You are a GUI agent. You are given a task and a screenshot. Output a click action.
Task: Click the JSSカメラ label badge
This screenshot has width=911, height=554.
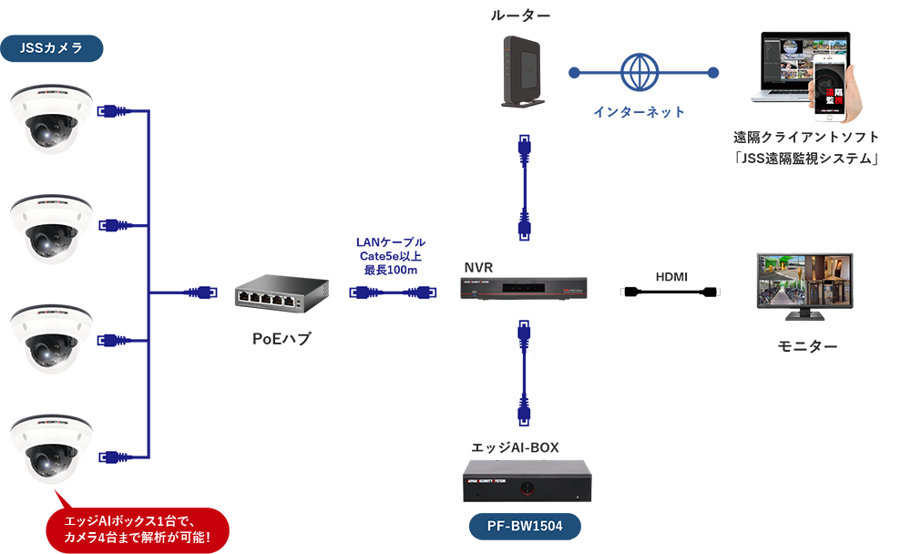point(51,48)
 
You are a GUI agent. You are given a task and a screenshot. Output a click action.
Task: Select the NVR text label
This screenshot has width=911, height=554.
point(478,268)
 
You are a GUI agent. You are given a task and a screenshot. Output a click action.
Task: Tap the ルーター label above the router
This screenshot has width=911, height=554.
point(520,15)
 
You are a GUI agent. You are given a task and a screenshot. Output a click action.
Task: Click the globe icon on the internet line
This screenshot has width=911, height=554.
point(640,72)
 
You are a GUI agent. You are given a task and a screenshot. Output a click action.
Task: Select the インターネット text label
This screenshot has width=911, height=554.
point(639,112)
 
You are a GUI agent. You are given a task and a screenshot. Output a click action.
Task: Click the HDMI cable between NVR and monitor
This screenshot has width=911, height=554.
point(670,293)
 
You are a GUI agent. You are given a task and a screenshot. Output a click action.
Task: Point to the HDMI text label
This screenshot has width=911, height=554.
point(671,276)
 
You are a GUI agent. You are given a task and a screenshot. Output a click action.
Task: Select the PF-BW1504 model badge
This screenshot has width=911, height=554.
point(524,526)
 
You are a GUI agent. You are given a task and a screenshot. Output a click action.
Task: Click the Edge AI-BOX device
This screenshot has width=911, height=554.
point(527,481)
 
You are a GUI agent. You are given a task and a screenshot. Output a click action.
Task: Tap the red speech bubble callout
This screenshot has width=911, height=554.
point(138,529)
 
